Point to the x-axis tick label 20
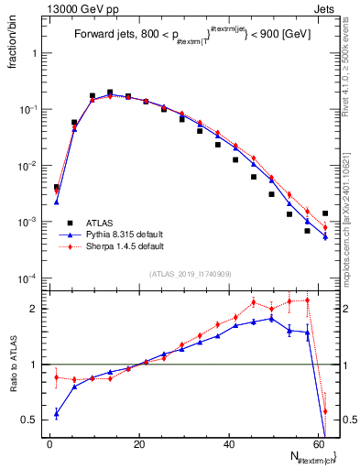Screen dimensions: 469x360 click(139, 443)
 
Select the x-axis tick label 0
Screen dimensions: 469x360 click(50, 443)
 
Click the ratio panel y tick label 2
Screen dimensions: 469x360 click(37, 309)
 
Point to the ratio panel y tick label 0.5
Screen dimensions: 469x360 click(33, 420)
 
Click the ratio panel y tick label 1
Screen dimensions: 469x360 click(37, 365)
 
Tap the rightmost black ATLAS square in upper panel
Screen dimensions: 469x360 click(325, 213)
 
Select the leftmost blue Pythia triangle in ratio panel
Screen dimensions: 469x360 click(57, 414)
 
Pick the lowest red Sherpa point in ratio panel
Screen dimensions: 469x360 click(325, 411)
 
